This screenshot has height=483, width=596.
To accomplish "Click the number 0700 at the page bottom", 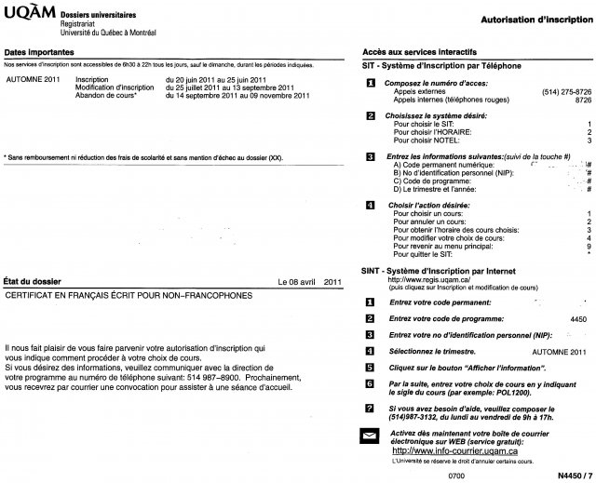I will click(455, 475).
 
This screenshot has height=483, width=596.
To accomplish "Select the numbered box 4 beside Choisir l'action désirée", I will click(371, 204).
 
